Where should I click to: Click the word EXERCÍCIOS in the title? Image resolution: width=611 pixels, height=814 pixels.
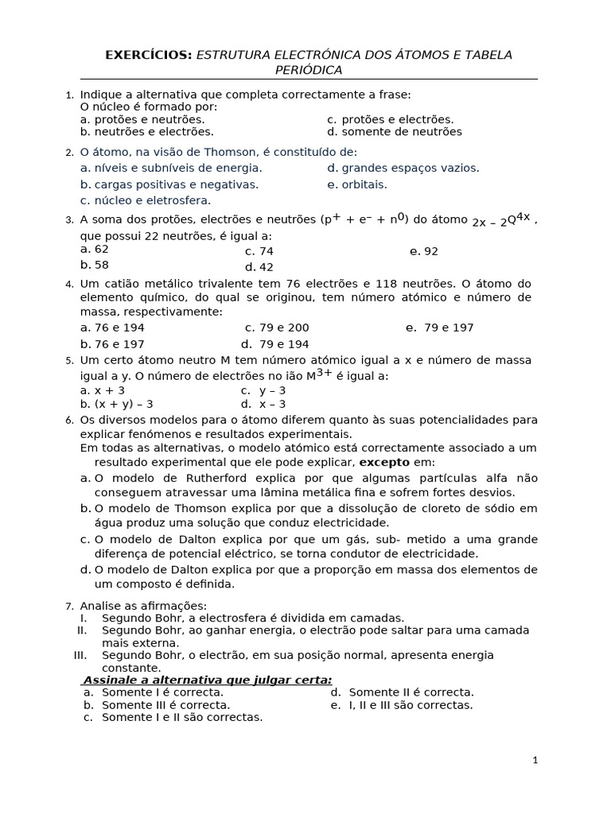pyautogui.click(x=149, y=55)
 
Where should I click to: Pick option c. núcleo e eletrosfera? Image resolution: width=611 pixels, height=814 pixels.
pyautogui.click(x=146, y=200)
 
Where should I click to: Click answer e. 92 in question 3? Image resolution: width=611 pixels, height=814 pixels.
pyautogui.click(x=424, y=251)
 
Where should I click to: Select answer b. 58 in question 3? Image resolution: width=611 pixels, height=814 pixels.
pyautogui.click(x=95, y=265)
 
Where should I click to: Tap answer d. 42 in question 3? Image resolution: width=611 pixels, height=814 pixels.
pyautogui.click(x=259, y=267)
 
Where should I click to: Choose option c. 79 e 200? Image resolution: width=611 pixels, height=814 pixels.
pyautogui.click(x=277, y=328)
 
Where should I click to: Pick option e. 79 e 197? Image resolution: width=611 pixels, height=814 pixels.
pyautogui.click(x=439, y=328)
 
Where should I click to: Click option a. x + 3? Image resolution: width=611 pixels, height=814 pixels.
pyautogui.click(x=103, y=390)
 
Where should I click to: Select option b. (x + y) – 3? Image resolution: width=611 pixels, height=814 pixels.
pyautogui.click(x=117, y=404)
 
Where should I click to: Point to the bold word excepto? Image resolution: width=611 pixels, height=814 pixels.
pyautogui.click(x=384, y=462)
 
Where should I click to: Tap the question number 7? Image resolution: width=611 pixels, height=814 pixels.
pyautogui.click(x=69, y=607)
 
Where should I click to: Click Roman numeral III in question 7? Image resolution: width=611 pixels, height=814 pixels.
pyautogui.click(x=80, y=655)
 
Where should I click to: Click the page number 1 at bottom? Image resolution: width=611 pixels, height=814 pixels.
pyautogui.click(x=535, y=760)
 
